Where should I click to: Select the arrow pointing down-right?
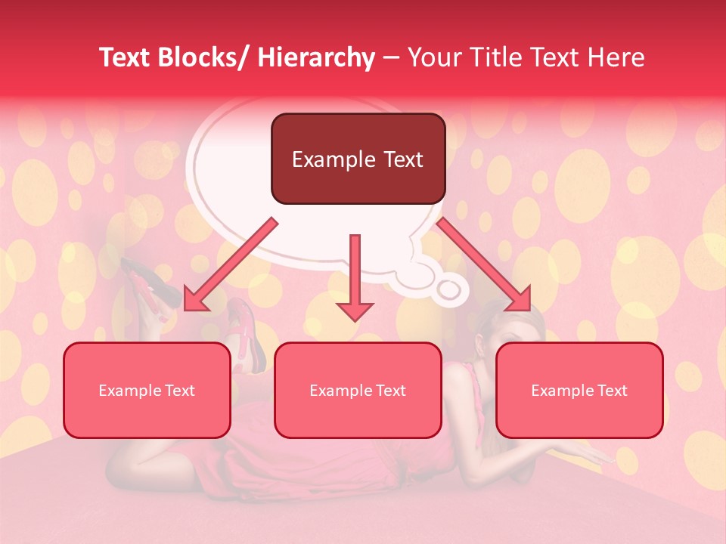tap(484, 264)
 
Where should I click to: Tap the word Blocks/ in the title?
tap(203, 57)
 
